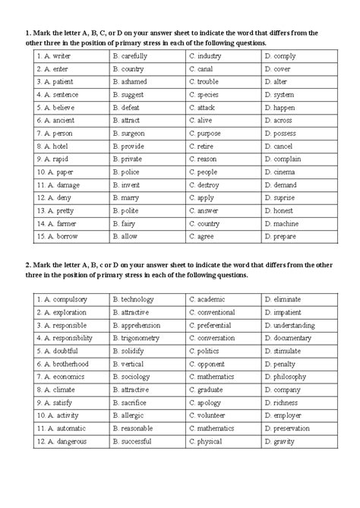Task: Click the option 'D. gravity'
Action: click(280, 441)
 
